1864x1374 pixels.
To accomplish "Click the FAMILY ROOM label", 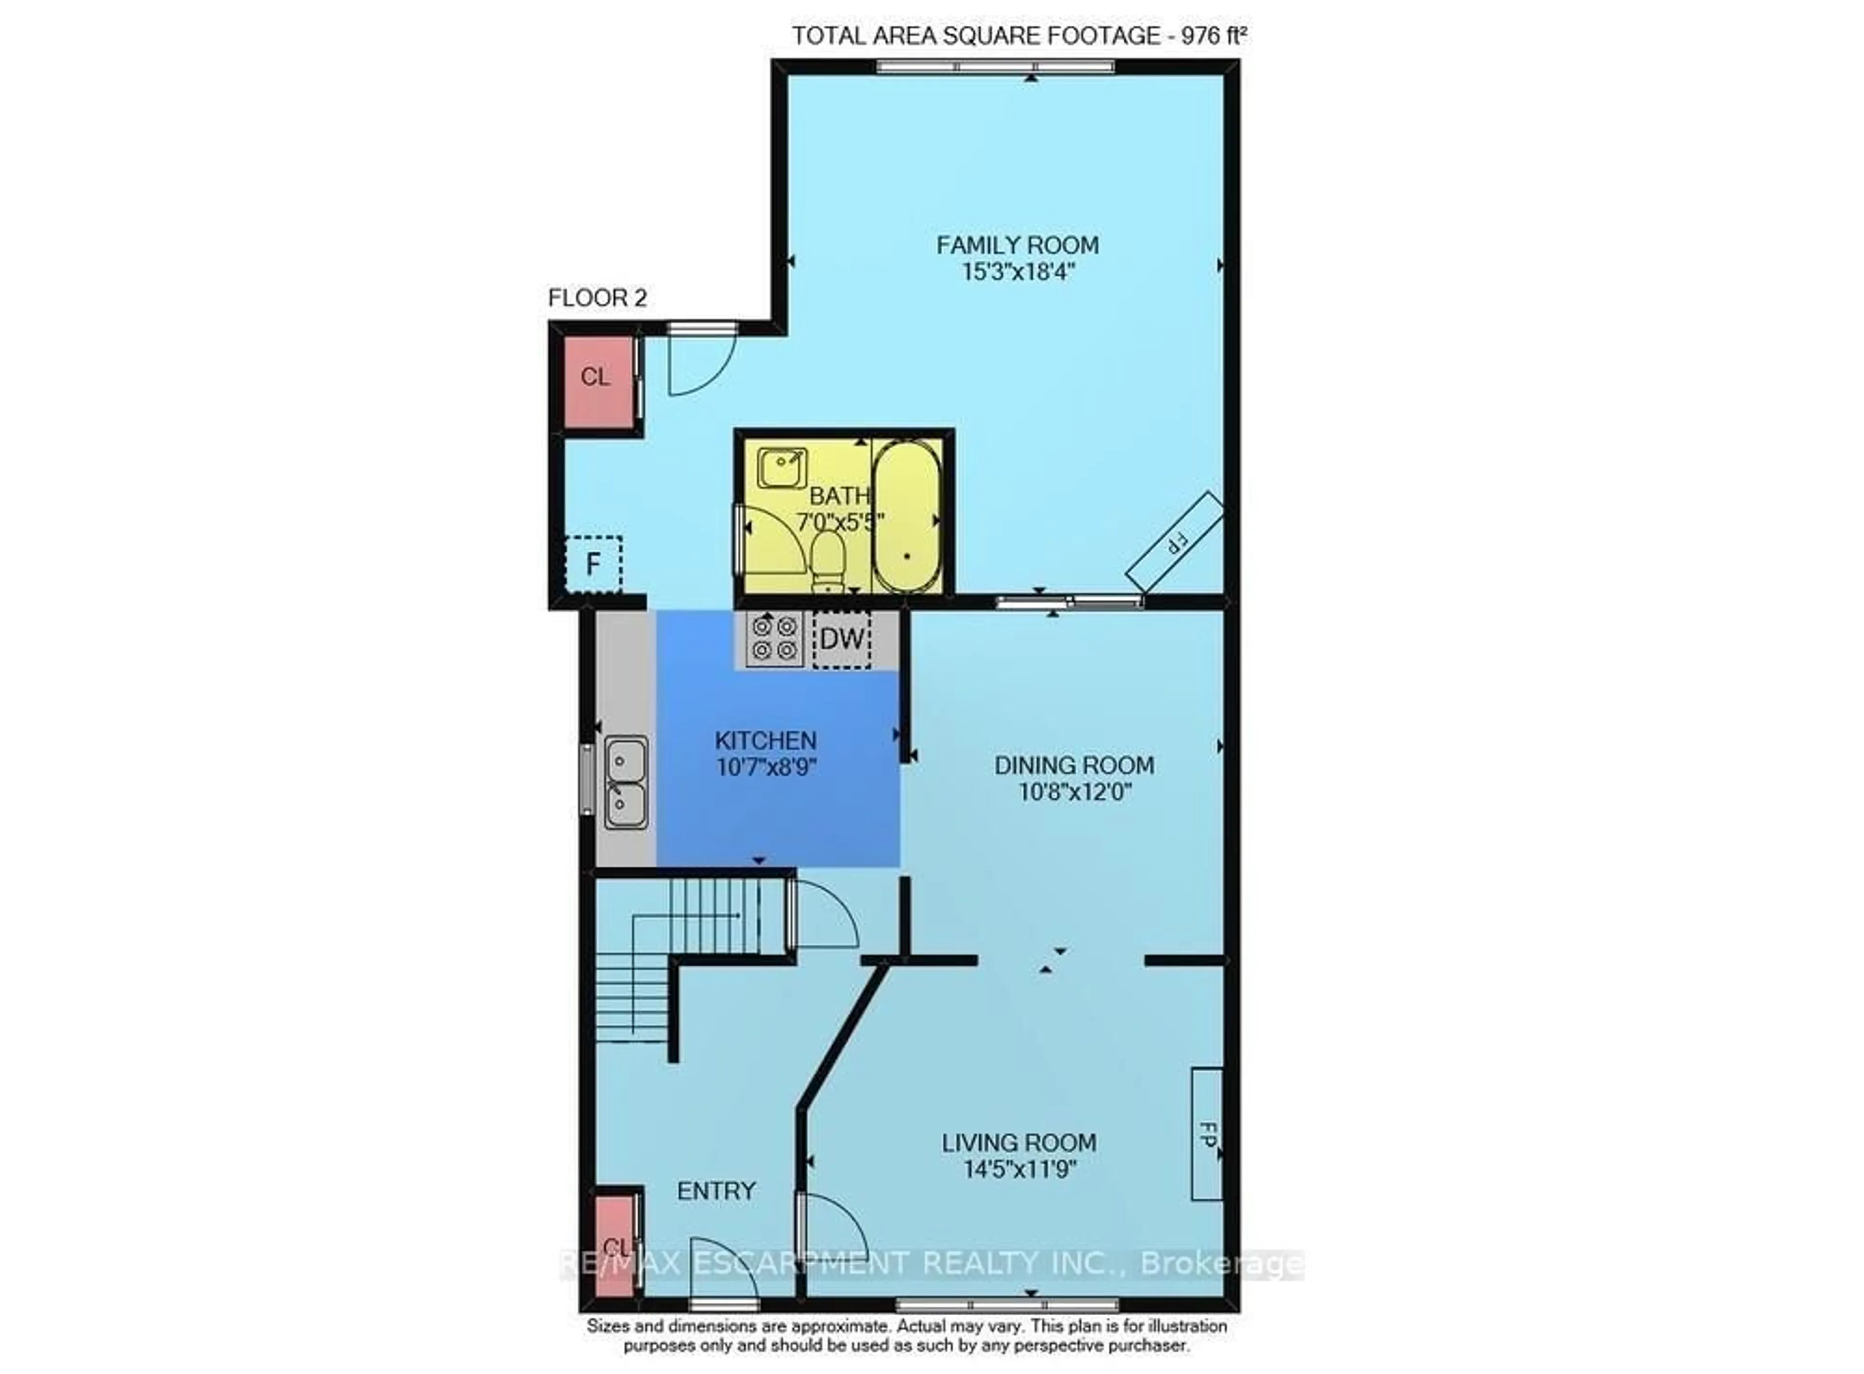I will [x=1017, y=245].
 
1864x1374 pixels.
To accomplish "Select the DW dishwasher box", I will [x=841, y=639].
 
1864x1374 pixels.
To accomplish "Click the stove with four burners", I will [x=775, y=639].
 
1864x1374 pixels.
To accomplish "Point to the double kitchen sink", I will [x=625, y=782].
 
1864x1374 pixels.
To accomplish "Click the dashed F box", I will [x=593, y=564].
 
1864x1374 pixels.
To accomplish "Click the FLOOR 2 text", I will [x=597, y=298].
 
